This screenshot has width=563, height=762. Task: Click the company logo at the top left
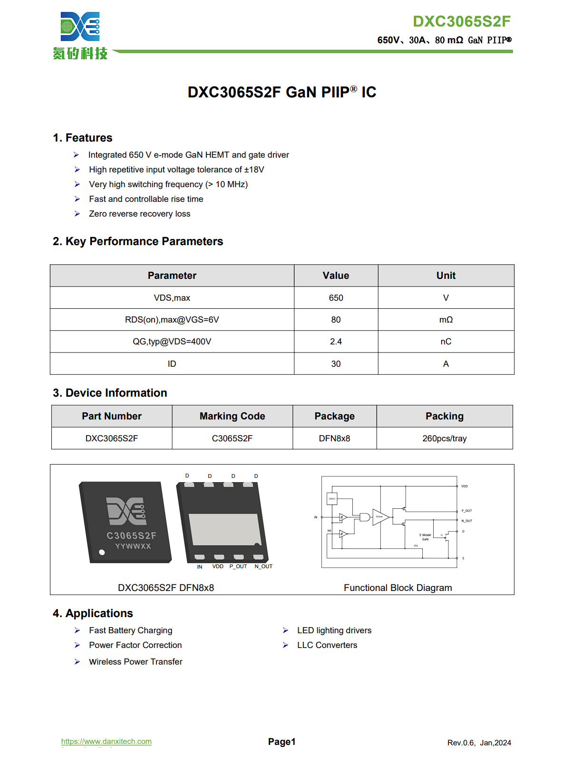click(80, 36)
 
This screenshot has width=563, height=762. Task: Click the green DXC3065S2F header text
click(461, 21)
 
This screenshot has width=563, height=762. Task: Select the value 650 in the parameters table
click(336, 298)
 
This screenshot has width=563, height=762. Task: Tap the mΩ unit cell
click(446, 320)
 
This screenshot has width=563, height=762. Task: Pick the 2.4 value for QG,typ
click(336, 342)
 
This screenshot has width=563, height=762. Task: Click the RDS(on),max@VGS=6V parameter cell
click(172, 320)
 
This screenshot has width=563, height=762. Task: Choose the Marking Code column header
click(232, 416)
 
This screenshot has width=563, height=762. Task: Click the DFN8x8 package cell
click(334, 438)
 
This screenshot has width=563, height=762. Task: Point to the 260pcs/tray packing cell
click(444, 438)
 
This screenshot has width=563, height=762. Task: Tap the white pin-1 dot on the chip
click(102, 552)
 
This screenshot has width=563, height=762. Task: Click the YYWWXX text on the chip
click(133, 546)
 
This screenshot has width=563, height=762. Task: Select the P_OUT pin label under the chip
click(238, 566)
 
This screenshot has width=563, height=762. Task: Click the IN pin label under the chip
click(200, 567)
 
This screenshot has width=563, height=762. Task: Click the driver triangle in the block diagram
click(380, 517)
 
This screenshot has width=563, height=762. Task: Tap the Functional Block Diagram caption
click(398, 588)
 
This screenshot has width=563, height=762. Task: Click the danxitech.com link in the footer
click(107, 741)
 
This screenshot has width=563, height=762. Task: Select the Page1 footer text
click(281, 742)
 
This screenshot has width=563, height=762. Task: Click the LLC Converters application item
click(327, 645)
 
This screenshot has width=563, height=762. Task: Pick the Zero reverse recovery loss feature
click(139, 214)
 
